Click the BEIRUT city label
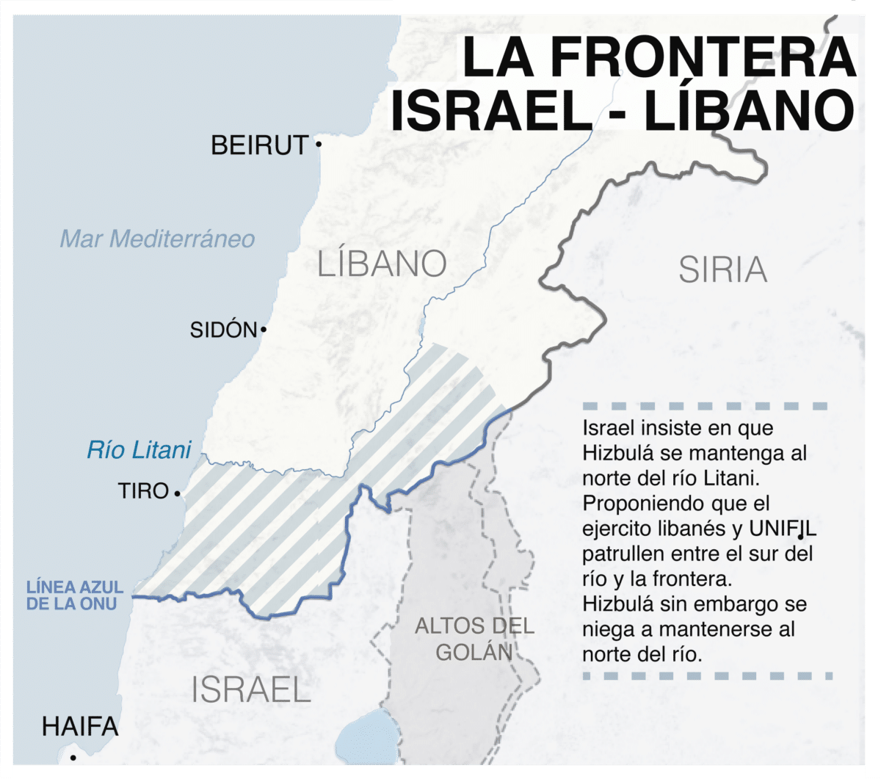tap(259, 145)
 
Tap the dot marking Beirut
tap(319, 144)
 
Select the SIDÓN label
tap(223, 330)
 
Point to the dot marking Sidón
tap(264, 330)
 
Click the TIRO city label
tap(143, 490)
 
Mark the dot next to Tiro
tap(178, 494)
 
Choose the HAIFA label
tap(80, 727)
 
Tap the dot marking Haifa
tap(72, 758)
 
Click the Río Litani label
tap(139, 449)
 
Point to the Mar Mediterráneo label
tap(157, 239)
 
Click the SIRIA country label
tap(722, 270)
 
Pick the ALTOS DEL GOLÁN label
tap(474, 639)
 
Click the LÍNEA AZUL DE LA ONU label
tap(75, 595)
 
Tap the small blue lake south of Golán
tap(366, 734)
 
